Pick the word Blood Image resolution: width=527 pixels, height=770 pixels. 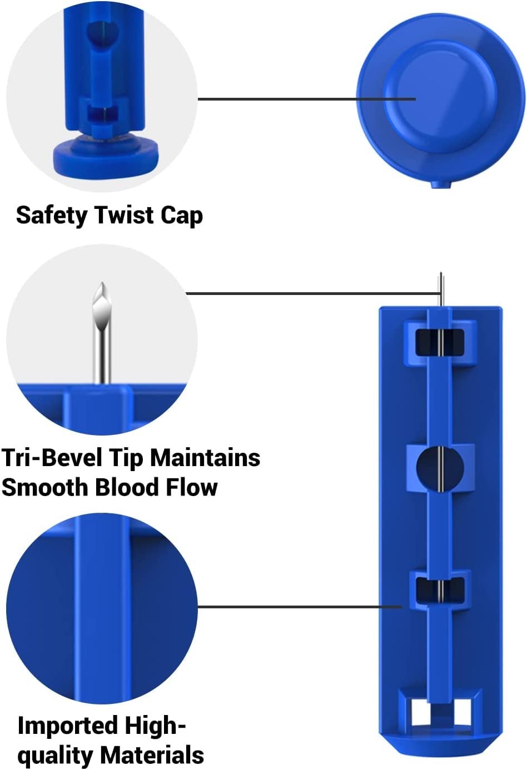point(127,487)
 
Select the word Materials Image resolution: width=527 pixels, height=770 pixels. point(152,756)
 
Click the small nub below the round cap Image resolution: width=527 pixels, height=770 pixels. point(441,184)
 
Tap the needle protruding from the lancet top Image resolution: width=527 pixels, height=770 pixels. point(441,289)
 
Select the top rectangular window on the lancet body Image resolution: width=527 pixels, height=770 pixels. point(440,342)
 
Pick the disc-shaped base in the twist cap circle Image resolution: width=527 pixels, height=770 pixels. point(106,159)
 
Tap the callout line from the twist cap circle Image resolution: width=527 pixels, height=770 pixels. point(307,99)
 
